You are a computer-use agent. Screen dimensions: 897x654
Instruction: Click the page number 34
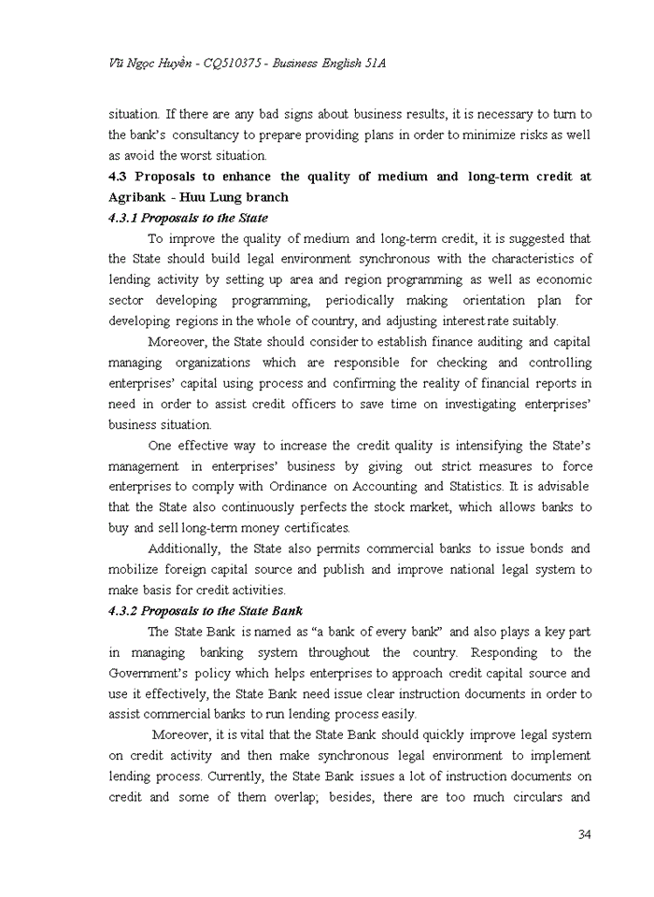[584, 834]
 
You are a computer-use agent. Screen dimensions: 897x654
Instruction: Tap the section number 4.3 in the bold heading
[119, 177]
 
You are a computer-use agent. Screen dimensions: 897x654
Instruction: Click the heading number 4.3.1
[127, 218]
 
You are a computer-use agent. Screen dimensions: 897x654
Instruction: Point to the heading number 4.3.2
[127, 611]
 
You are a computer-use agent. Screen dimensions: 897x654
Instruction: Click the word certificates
[309, 528]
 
